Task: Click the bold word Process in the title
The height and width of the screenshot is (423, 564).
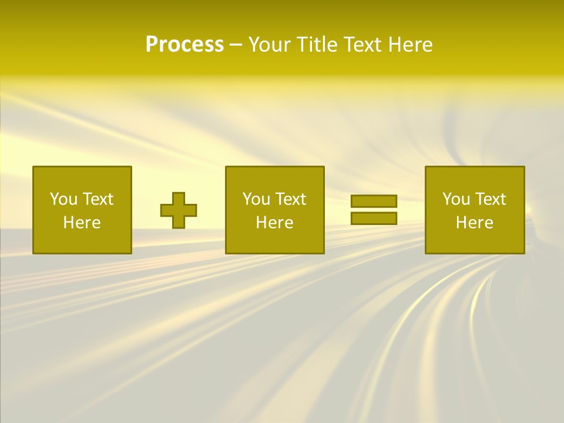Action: point(184,45)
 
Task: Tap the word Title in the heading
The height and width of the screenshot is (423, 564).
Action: point(317,45)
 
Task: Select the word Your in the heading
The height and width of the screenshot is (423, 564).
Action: point(271,45)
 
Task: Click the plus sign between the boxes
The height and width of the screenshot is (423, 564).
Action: point(179,210)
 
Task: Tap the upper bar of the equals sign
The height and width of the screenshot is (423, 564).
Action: point(374,201)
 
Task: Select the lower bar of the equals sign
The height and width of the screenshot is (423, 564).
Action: point(374,218)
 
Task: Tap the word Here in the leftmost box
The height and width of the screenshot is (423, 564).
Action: point(82,223)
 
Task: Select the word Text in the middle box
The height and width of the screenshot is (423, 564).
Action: point(291,199)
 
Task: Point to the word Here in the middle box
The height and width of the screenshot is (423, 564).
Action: point(274,223)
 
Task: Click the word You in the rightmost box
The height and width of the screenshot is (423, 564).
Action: point(456,199)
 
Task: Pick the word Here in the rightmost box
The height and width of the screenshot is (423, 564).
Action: point(475,223)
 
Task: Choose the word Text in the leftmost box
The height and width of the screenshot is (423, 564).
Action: point(98,199)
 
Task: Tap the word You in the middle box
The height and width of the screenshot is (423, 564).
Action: point(257,199)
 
